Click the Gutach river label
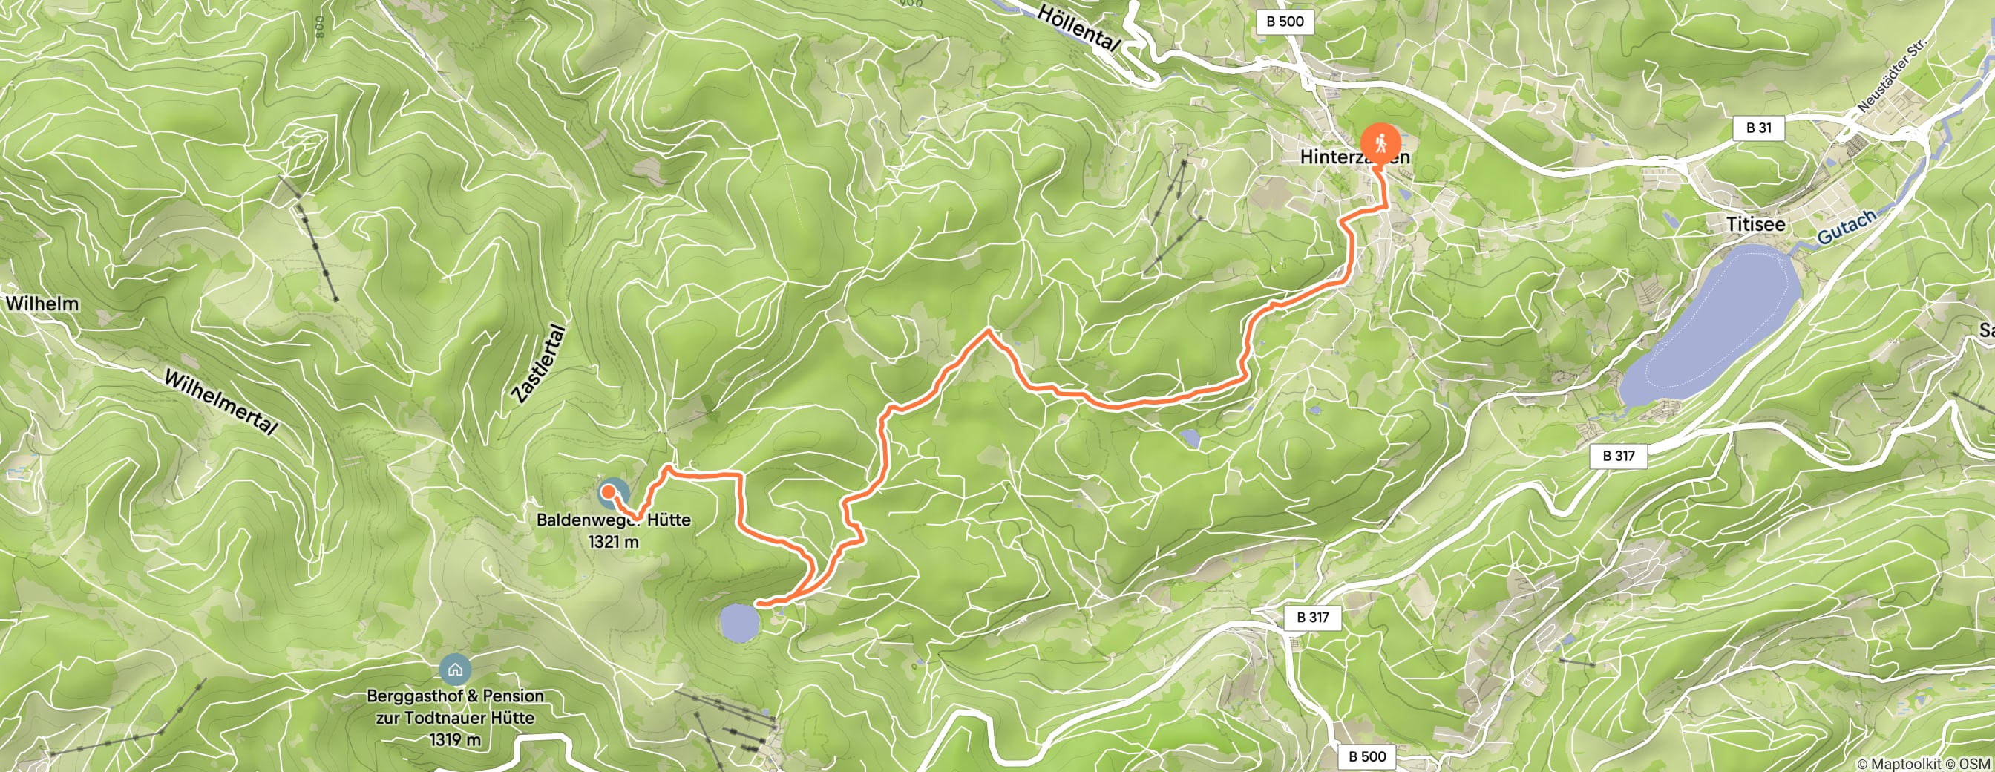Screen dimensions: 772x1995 pos(1847,226)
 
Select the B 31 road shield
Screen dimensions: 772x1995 pos(1759,128)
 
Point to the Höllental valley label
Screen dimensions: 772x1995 pos(1078,29)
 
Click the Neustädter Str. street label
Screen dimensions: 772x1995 pos(1891,77)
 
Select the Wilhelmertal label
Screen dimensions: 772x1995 pos(220,402)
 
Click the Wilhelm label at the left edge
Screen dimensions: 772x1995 pos(42,304)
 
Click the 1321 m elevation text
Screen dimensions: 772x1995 pos(613,542)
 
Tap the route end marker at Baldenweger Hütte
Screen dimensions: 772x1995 pos(609,490)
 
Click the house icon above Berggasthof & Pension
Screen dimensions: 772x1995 pos(455,669)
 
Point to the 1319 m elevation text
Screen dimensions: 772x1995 pos(455,740)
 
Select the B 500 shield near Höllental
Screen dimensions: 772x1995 pos(1285,22)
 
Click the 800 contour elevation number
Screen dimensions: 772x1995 pos(320,27)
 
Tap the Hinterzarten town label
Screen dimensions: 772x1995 pos(1354,157)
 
